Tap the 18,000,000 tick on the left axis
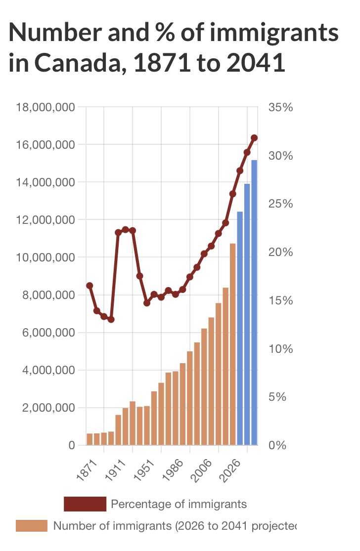coord(45,107)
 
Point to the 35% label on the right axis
coord(280,107)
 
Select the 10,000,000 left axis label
coord(45,257)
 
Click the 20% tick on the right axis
coord(280,252)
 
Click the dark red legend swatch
coord(85,504)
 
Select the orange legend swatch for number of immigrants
coord(32,526)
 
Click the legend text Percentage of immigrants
coord(179,504)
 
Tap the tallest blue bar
coord(254,302)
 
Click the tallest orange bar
coord(232,344)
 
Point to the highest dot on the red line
coord(254,138)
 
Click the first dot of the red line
coord(90,286)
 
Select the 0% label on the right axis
coord(277,445)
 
